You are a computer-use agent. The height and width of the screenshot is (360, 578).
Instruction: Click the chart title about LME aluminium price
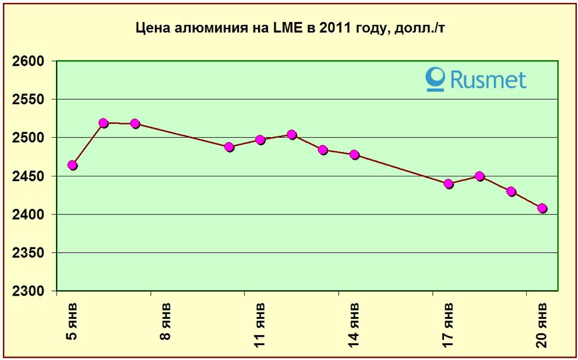point(290,28)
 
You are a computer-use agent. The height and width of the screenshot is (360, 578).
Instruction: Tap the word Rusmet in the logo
point(488,79)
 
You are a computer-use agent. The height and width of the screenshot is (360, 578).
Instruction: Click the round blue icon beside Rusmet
point(436,79)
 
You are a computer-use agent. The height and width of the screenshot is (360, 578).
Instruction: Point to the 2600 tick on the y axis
point(29,61)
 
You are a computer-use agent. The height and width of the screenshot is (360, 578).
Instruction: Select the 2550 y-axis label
point(29,100)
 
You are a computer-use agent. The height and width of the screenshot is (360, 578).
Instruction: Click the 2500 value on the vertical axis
point(29,138)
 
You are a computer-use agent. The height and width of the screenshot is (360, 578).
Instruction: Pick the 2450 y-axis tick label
point(29,176)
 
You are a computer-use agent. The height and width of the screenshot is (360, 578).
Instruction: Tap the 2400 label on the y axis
point(29,215)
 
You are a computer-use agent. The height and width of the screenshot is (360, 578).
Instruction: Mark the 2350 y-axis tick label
point(29,253)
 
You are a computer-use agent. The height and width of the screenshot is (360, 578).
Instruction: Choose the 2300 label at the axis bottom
point(29,291)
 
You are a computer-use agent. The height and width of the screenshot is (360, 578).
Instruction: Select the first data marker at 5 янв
point(73,165)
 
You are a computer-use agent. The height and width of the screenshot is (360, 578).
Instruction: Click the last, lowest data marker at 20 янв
point(542,208)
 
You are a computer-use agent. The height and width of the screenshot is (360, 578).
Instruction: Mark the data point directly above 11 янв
point(260,140)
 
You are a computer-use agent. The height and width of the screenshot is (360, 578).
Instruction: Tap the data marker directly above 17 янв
point(449,184)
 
